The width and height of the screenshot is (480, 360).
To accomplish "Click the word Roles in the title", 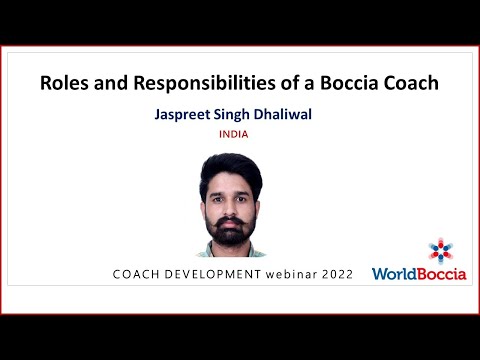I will click(63, 84).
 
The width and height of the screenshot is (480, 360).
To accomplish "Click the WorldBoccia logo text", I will click(419, 273).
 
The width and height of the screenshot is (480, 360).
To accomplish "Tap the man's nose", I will click(232, 203).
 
